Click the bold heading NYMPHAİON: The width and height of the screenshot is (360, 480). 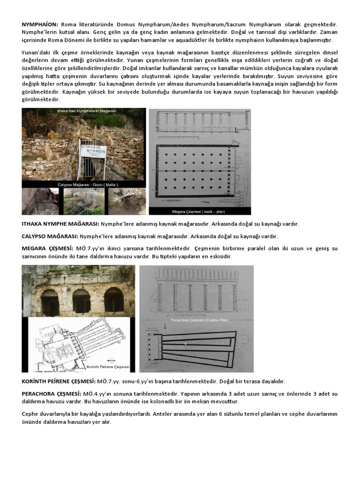point(40,23)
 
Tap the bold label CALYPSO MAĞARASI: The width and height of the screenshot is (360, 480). point(50,236)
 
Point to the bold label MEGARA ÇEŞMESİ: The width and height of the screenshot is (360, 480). point(47,248)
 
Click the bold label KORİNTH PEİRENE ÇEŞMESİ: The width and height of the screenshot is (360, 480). point(59,382)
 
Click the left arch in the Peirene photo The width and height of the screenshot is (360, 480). point(50,302)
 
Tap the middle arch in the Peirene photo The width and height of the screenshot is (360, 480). point(81,301)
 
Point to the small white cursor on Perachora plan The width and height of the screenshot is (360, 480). point(186,344)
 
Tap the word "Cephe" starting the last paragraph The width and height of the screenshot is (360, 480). point(31,414)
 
